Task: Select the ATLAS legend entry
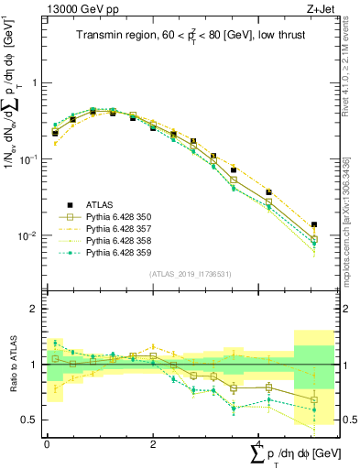pos(102,204)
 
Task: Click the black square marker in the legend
pos(69,204)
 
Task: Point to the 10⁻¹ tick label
pos(29,159)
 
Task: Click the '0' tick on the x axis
pos(47,443)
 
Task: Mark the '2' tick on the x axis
pos(152,443)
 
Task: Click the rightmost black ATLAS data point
pos(314,224)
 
